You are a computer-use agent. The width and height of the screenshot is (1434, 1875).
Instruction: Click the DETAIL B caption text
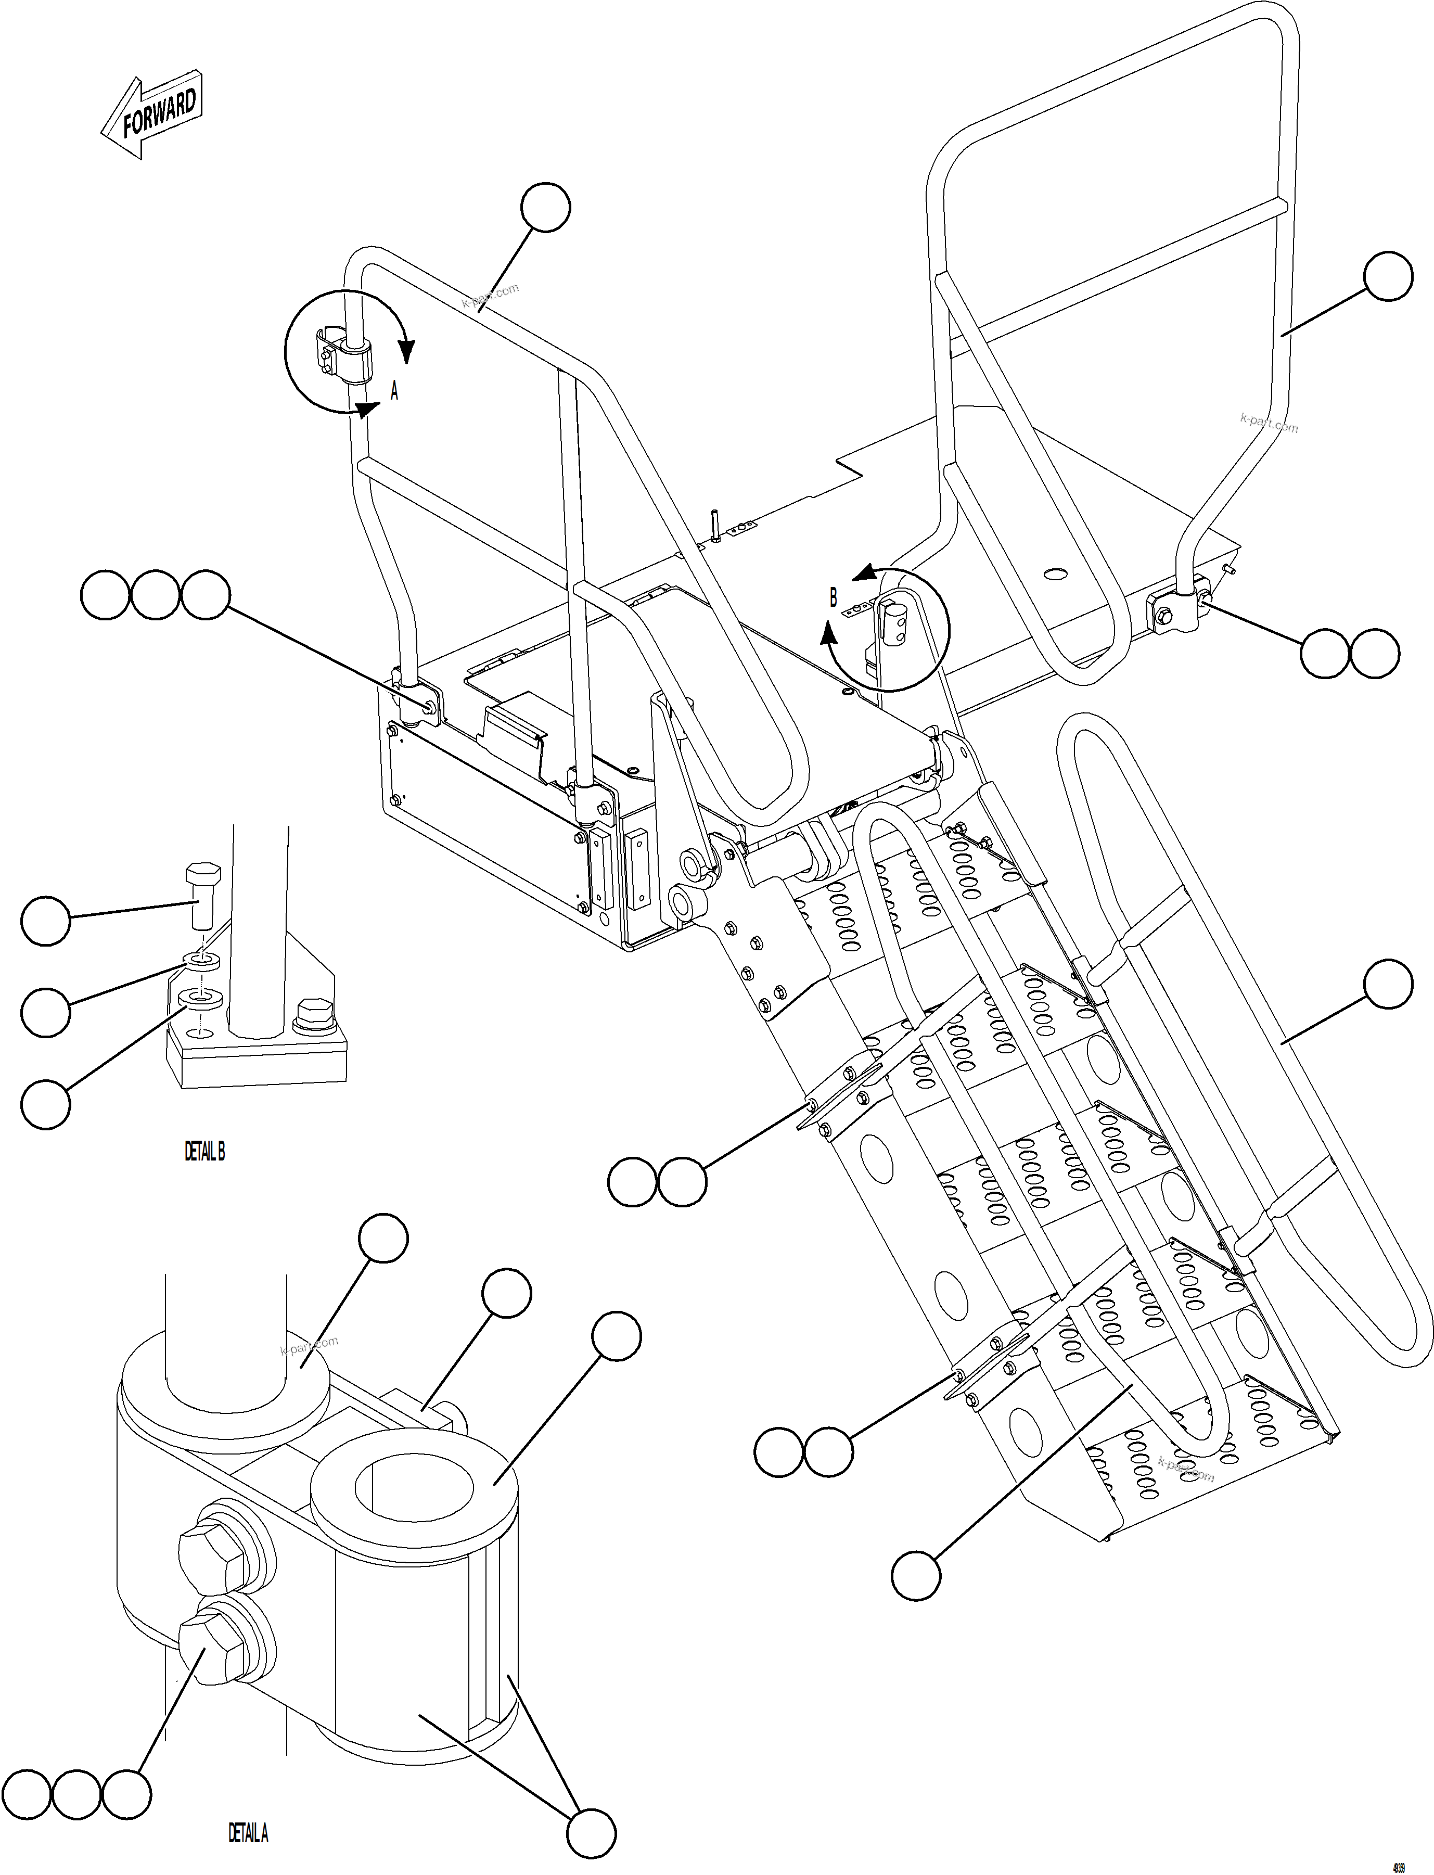(x=205, y=1152)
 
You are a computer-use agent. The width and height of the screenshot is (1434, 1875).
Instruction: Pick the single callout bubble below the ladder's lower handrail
(x=916, y=1575)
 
